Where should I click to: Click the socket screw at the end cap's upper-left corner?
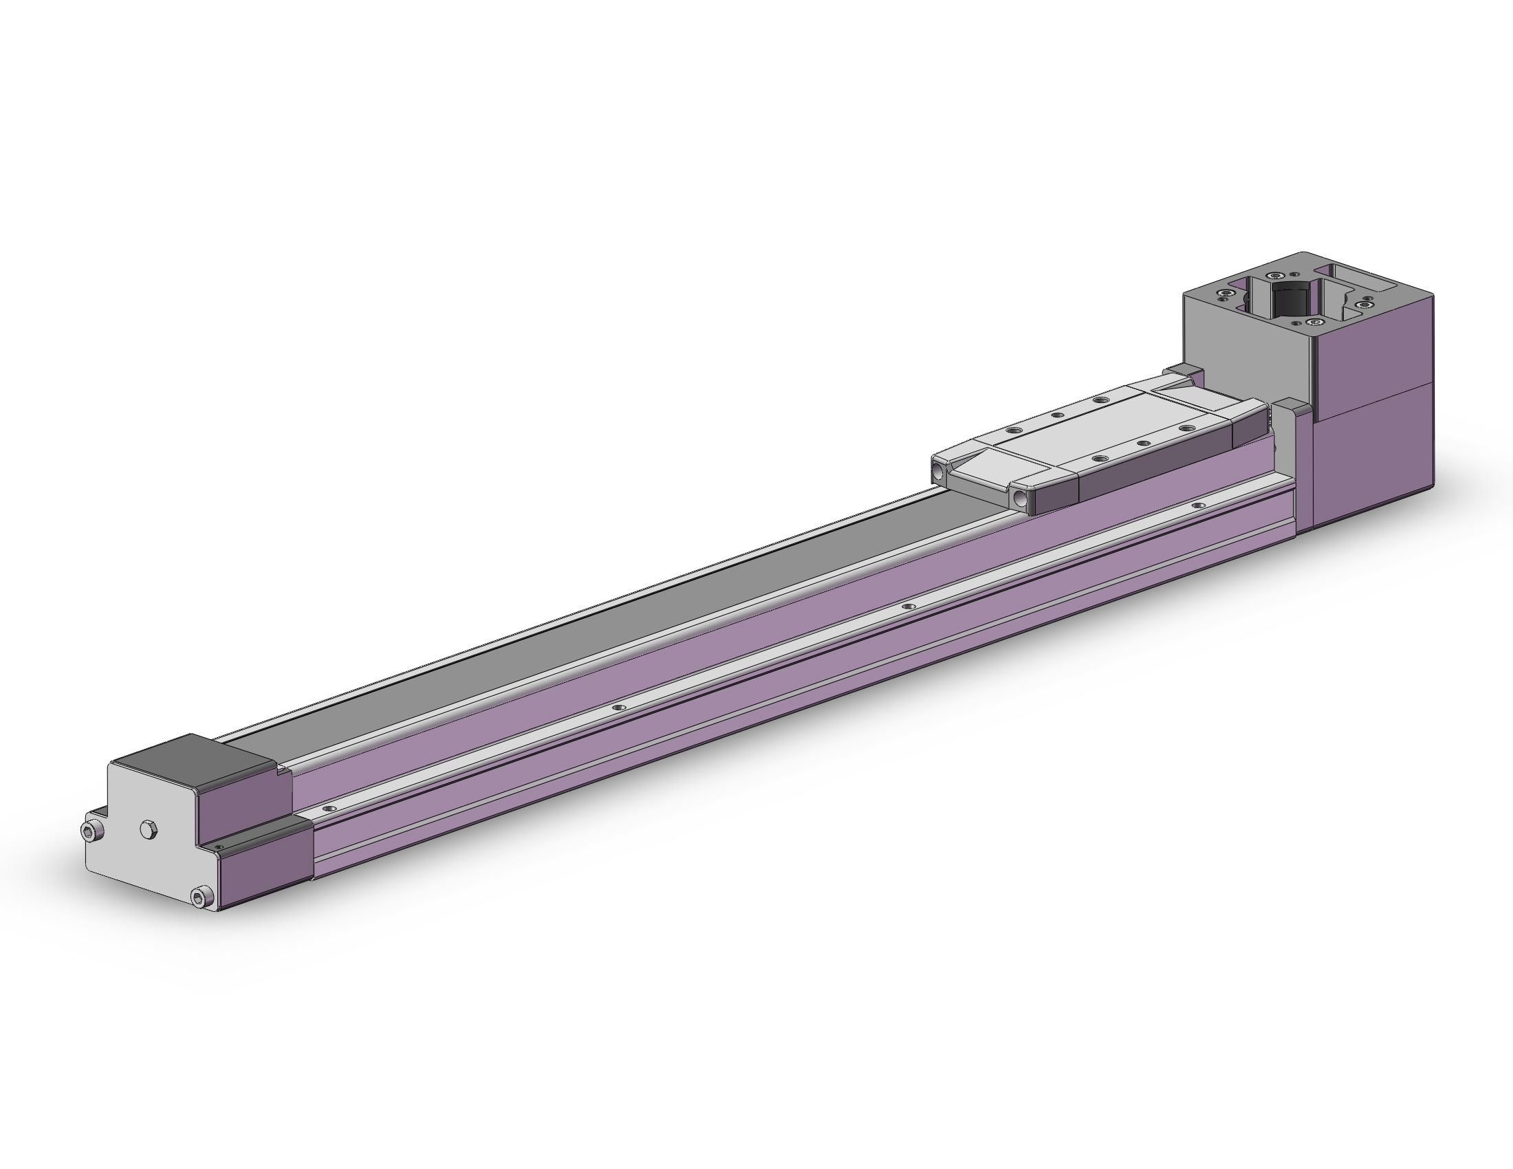(90, 832)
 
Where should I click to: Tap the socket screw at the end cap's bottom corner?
(201, 898)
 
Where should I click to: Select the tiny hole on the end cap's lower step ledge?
(220, 846)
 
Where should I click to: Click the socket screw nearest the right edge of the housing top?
(1365, 303)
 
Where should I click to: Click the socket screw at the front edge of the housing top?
(1313, 322)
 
